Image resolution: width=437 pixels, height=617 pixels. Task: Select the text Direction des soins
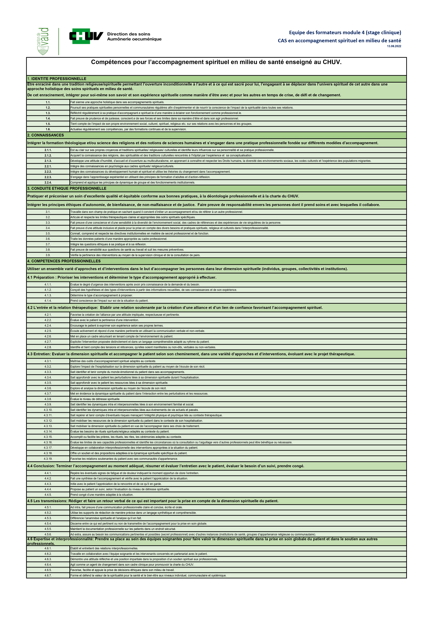tap(129, 34)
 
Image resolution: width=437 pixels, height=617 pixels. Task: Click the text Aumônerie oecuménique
tap(134, 39)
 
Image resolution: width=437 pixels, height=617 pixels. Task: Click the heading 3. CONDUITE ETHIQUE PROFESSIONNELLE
tap(67, 188)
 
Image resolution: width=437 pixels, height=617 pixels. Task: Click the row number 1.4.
tap(48, 119)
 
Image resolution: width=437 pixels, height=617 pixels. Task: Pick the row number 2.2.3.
tap(48, 177)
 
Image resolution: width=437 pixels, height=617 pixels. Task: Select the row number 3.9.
tap(48, 255)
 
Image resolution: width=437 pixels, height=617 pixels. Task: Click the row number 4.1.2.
tap(48, 290)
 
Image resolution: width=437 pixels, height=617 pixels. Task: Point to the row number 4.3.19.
tap(48, 459)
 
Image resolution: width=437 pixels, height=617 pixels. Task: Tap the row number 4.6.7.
tap(48, 575)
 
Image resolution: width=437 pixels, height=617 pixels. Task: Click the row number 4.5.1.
tap(48, 507)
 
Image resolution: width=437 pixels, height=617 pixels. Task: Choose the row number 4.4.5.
tap(48, 495)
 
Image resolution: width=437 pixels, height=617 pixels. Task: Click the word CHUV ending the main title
tap(332, 62)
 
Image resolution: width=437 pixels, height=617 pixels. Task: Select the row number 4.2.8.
tap(48, 347)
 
